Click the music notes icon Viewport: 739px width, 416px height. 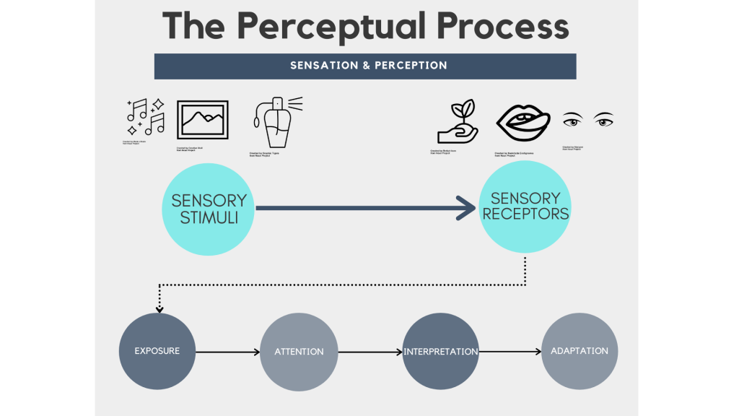[x=146, y=118]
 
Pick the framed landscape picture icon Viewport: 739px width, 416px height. [x=202, y=120]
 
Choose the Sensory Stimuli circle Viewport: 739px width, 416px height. [x=209, y=208]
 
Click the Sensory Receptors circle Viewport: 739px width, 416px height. [x=525, y=207]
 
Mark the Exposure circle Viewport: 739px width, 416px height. [x=157, y=351]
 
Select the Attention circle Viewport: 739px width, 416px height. [x=299, y=352]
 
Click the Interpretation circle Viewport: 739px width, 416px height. [x=440, y=352]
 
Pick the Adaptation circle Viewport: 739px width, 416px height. [x=580, y=351]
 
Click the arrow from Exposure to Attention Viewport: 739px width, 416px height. [x=227, y=352]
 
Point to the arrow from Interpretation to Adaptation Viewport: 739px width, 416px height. [x=510, y=352]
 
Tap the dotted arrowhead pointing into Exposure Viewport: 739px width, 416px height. [x=159, y=309]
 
